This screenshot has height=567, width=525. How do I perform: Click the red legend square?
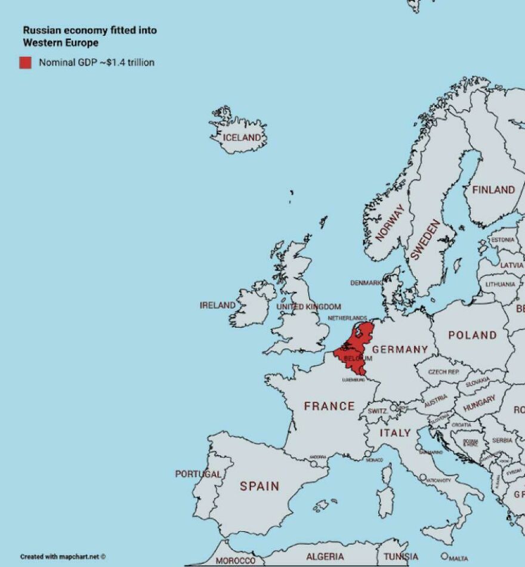pos(25,63)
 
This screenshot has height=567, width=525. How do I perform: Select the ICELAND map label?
pos(242,138)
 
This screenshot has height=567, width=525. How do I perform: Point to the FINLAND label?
pos(493,190)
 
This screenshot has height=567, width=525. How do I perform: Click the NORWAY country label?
pos(390,222)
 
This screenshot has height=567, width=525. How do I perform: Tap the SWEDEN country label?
pos(425,239)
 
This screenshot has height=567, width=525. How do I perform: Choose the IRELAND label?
pos(217,305)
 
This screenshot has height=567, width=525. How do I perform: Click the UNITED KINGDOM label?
pos(308,307)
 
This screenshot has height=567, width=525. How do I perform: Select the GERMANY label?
pos(400,349)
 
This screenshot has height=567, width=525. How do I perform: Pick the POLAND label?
pos(472,335)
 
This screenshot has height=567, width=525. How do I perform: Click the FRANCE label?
pos(329,406)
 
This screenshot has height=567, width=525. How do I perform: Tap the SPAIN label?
pos(260,486)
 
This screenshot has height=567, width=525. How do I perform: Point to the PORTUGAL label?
pos(198,474)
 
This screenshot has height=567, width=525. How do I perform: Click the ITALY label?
pos(396,433)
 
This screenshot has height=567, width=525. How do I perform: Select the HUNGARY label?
pos(479,403)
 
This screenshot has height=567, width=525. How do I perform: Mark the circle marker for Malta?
pos(444,556)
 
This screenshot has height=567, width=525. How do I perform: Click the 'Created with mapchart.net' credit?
pos(63,556)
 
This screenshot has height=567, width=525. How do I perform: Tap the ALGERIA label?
pos(325,556)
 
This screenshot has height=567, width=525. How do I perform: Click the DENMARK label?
pos(366,283)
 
